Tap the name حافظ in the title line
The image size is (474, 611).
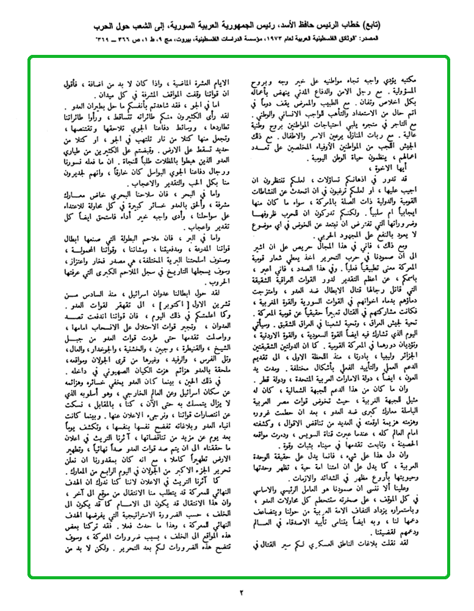pos(356,27)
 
